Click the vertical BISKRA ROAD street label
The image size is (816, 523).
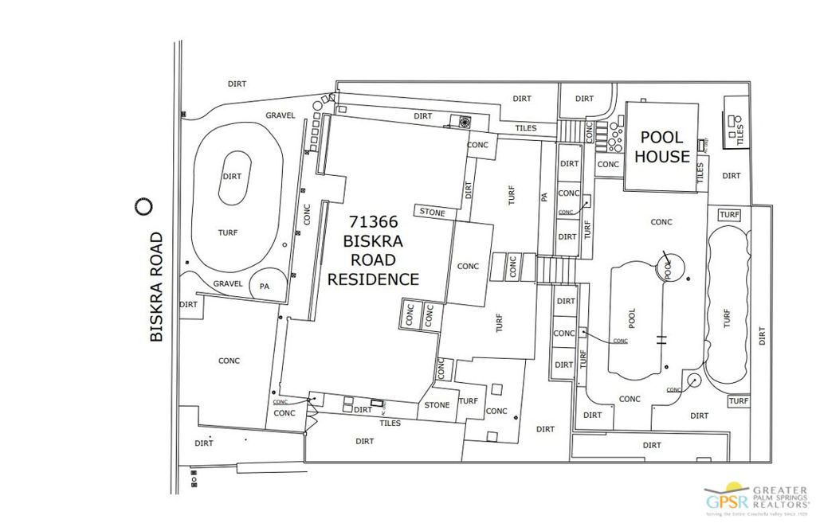coord(156,287)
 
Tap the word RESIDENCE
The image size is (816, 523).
coord(373,279)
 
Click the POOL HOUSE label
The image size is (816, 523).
coord(662,146)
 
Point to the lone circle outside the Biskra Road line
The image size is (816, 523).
coord(143,207)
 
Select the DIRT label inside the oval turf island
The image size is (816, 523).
coord(233,176)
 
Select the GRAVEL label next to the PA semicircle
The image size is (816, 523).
coord(228,283)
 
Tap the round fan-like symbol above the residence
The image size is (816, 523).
coord(465,122)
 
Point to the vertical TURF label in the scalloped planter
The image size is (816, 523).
coord(727,318)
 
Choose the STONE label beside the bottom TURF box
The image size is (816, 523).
coord(437,404)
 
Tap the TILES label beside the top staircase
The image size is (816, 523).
coord(526,128)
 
